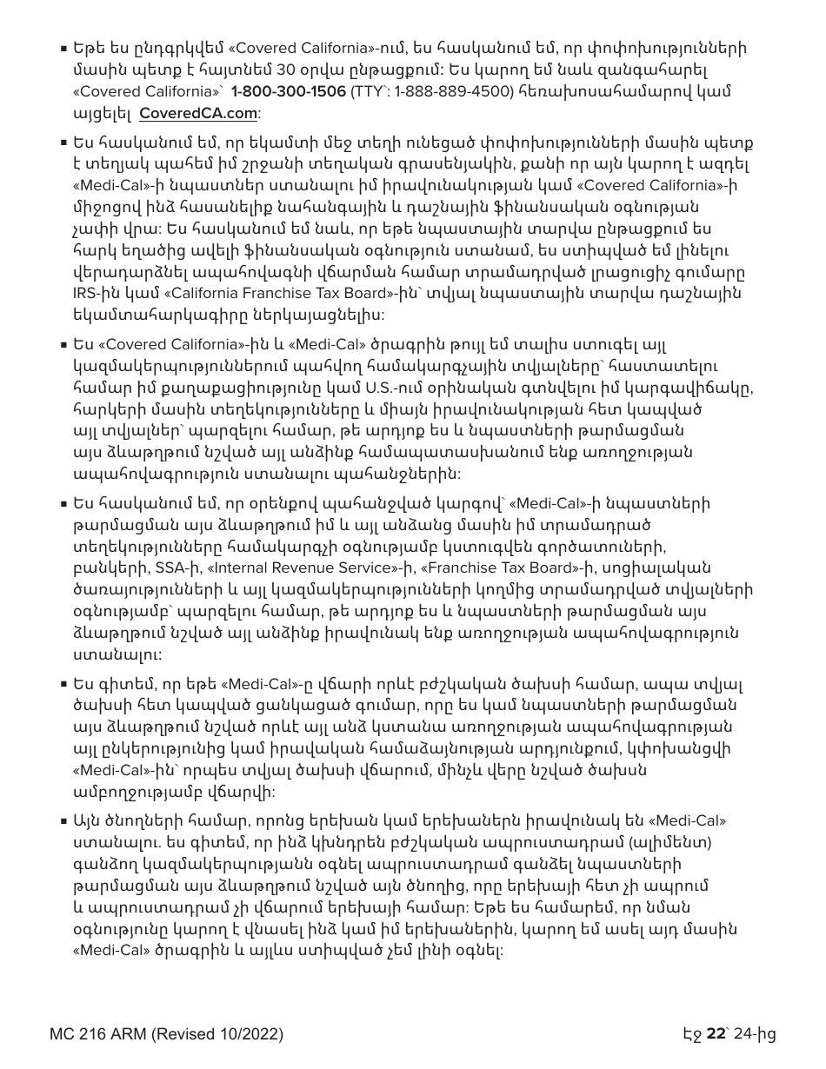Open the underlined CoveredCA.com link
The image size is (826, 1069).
[x=198, y=113]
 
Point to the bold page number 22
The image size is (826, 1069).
[x=716, y=1034]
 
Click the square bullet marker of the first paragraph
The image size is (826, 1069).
[x=64, y=49]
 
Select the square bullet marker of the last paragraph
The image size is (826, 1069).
[x=64, y=821]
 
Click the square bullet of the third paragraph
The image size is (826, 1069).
[x=64, y=344]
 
